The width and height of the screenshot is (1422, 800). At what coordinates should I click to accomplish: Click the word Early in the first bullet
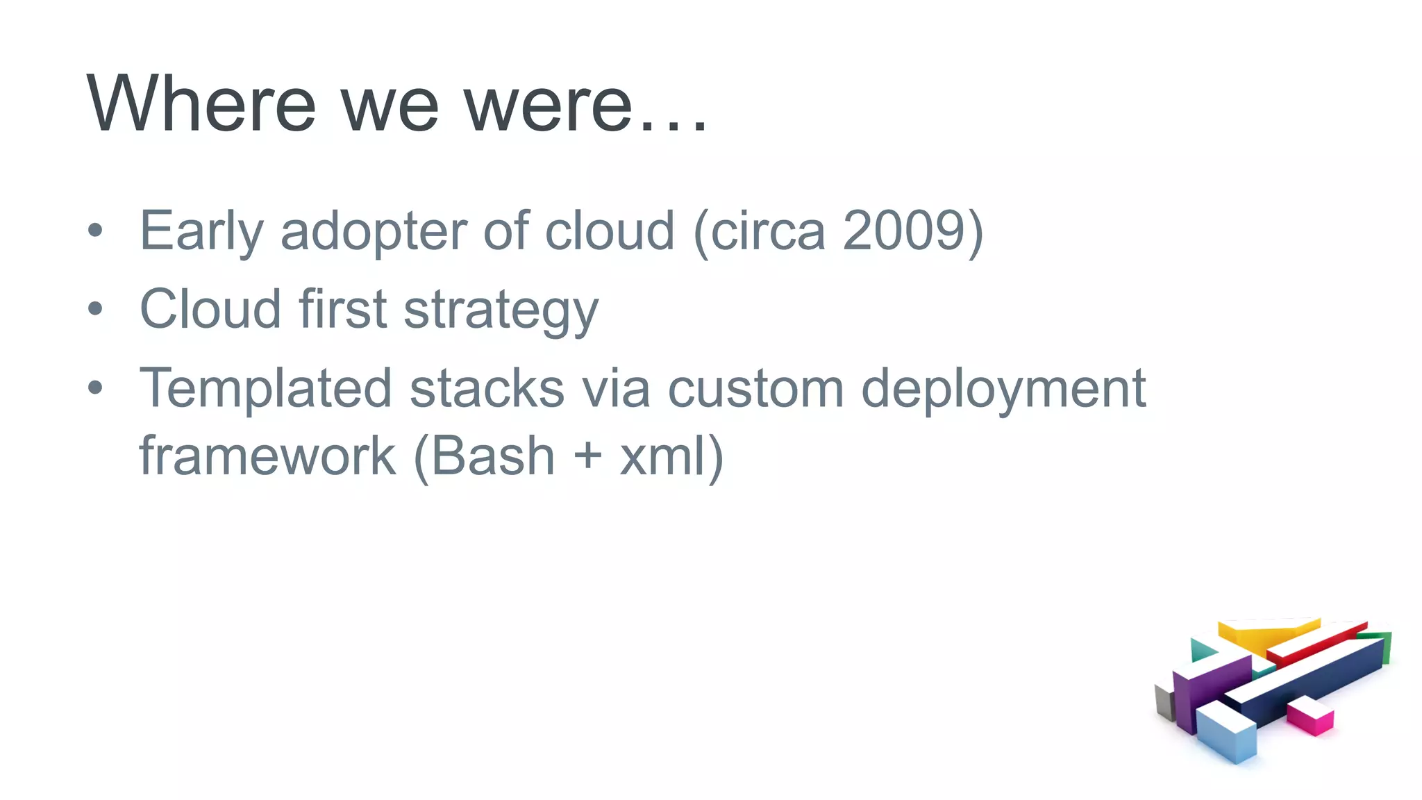(x=201, y=232)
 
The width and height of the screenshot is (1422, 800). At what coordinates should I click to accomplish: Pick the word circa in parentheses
(x=768, y=231)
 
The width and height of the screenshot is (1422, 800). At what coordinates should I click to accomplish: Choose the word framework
(x=267, y=456)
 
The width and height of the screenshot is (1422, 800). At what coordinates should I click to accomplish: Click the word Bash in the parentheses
(x=494, y=456)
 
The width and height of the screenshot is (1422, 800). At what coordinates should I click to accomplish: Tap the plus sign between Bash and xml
(x=587, y=456)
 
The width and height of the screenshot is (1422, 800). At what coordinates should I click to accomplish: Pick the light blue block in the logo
(x=1228, y=735)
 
